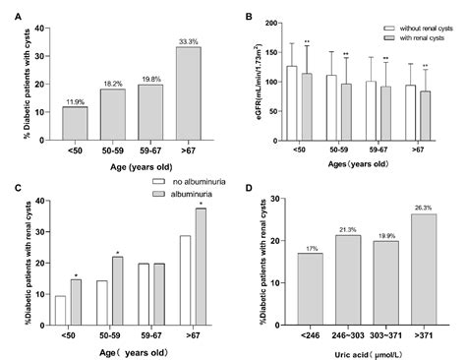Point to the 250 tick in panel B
tap(274, 17)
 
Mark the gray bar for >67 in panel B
tap(426, 114)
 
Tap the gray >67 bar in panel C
tap(201, 266)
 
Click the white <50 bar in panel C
tap(61, 310)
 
